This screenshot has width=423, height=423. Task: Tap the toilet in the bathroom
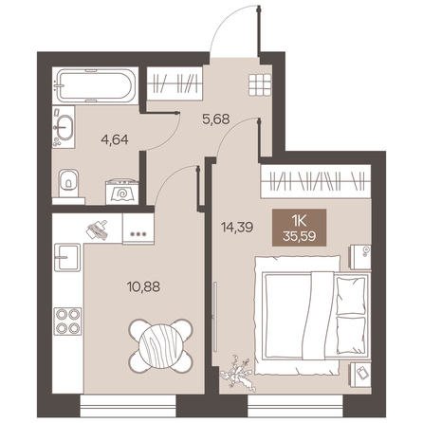68,183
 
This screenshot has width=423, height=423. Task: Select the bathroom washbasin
64,128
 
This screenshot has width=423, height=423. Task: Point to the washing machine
122,192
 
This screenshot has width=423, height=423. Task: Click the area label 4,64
115,139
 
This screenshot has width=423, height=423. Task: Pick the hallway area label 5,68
216,120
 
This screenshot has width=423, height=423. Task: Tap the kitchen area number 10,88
143,286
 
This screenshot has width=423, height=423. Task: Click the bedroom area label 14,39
237,227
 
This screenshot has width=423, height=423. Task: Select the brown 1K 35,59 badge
299,228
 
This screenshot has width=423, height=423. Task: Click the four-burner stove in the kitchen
67,322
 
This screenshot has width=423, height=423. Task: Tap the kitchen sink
67,257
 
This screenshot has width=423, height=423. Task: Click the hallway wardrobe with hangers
175,83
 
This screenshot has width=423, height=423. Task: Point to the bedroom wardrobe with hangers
316,181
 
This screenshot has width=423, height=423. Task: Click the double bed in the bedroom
312,316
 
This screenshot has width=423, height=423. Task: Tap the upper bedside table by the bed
359,257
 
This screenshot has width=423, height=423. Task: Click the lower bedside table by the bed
359,375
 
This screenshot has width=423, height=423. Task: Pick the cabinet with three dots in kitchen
138,229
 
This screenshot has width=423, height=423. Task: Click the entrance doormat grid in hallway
260,84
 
